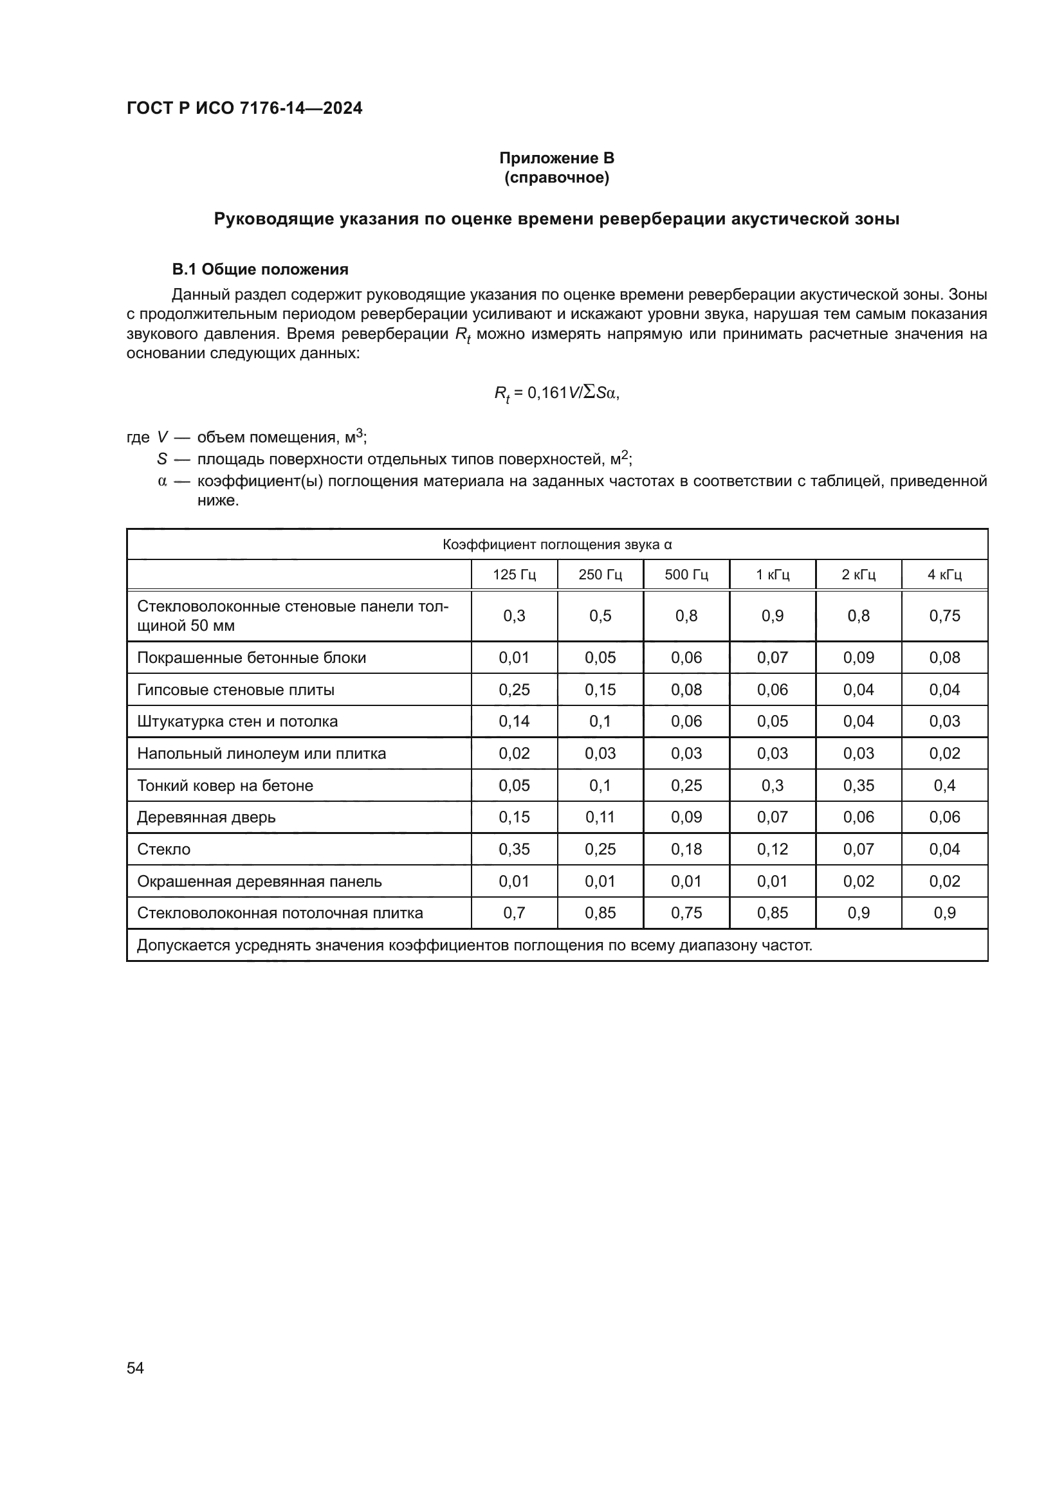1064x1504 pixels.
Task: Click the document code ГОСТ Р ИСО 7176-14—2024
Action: click(x=244, y=108)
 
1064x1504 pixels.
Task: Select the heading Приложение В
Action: click(x=556, y=158)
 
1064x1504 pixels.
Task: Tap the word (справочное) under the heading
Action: click(x=556, y=178)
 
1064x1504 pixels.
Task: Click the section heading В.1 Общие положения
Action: click(x=260, y=269)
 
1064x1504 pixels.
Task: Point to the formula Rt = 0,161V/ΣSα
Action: click(x=556, y=393)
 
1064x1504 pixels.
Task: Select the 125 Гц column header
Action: click(x=515, y=575)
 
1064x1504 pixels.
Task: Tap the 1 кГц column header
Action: click(x=773, y=575)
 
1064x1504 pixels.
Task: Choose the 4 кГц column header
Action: click(x=944, y=575)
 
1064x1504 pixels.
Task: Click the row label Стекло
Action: click(x=164, y=849)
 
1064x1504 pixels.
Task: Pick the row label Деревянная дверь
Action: click(x=206, y=817)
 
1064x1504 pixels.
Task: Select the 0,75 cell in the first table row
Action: click(x=944, y=616)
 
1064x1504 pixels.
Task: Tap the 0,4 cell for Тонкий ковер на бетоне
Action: click(x=944, y=785)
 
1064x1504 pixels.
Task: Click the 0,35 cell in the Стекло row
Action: click(x=515, y=849)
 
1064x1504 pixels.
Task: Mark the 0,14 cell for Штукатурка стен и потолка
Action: click(x=515, y=721)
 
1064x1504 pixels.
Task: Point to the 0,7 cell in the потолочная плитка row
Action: click(x=515, y=913)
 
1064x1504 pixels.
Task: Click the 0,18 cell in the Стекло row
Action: click(x=686, y=849)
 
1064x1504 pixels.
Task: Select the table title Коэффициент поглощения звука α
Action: click(x=557, y=545)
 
